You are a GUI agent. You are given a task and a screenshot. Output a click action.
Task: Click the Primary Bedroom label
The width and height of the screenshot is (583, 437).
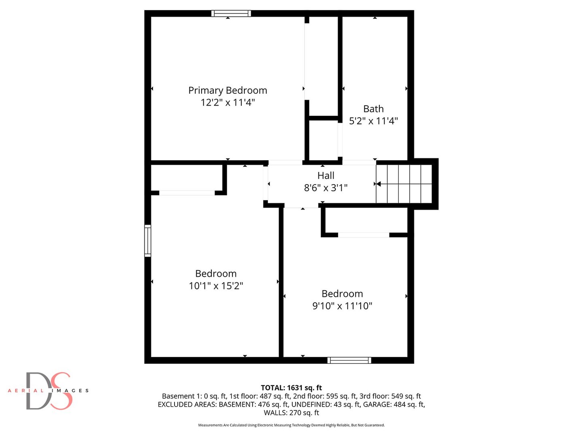click(228, 90)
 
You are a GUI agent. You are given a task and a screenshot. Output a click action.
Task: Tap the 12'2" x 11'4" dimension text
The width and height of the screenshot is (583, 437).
click(228, 102)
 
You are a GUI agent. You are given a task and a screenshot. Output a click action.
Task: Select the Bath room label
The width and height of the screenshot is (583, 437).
click(373, 109)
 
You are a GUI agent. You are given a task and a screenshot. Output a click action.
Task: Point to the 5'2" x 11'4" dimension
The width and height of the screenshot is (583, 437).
click(373, 121)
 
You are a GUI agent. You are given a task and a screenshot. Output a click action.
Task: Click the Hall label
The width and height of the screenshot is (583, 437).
click(326, 176)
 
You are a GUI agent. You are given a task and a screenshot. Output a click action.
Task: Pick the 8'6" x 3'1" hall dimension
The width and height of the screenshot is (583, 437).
click(326, 188)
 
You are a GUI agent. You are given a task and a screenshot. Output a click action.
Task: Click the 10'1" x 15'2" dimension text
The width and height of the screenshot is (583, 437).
click(216, 286)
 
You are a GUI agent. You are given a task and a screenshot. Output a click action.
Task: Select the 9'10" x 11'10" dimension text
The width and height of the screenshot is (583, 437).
click(342, 306)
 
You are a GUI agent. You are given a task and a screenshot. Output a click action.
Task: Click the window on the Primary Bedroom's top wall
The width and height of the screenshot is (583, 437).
click(231, 13)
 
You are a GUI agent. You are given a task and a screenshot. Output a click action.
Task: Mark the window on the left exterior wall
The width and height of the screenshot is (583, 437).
click(148, 241)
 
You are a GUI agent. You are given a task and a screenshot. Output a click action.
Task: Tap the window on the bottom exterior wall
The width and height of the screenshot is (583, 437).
click(349, 360)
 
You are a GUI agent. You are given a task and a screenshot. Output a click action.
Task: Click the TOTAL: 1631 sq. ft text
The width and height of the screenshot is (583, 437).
click(291, 388)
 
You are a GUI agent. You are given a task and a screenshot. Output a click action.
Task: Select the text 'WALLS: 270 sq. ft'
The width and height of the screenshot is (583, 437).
click(291, 413)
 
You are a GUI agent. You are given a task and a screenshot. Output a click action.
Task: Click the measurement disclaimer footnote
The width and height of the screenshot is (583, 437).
click(291, 425)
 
